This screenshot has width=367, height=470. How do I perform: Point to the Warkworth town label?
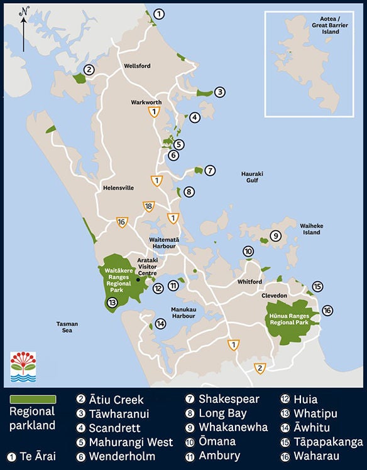click(146, 102)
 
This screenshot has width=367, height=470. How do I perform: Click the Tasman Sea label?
click(67, 327)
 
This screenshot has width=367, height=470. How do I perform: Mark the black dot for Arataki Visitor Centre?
click(138, 280)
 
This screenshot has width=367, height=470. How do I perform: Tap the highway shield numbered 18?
click(149, 206)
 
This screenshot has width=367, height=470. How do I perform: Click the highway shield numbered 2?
click(260, 368)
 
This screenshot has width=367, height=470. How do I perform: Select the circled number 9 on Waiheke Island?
click(275, 236)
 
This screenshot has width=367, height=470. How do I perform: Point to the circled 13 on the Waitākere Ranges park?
click(112, 302)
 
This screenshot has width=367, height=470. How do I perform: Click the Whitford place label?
click(249, 282)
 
